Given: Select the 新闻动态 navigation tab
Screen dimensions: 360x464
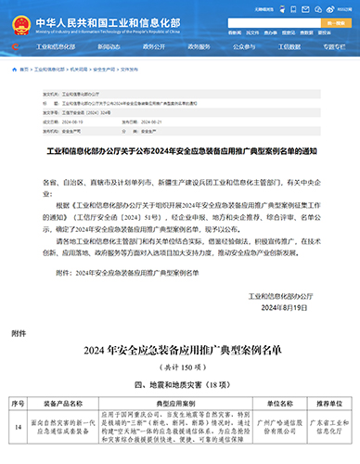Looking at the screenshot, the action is click(x=107, y=45).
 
